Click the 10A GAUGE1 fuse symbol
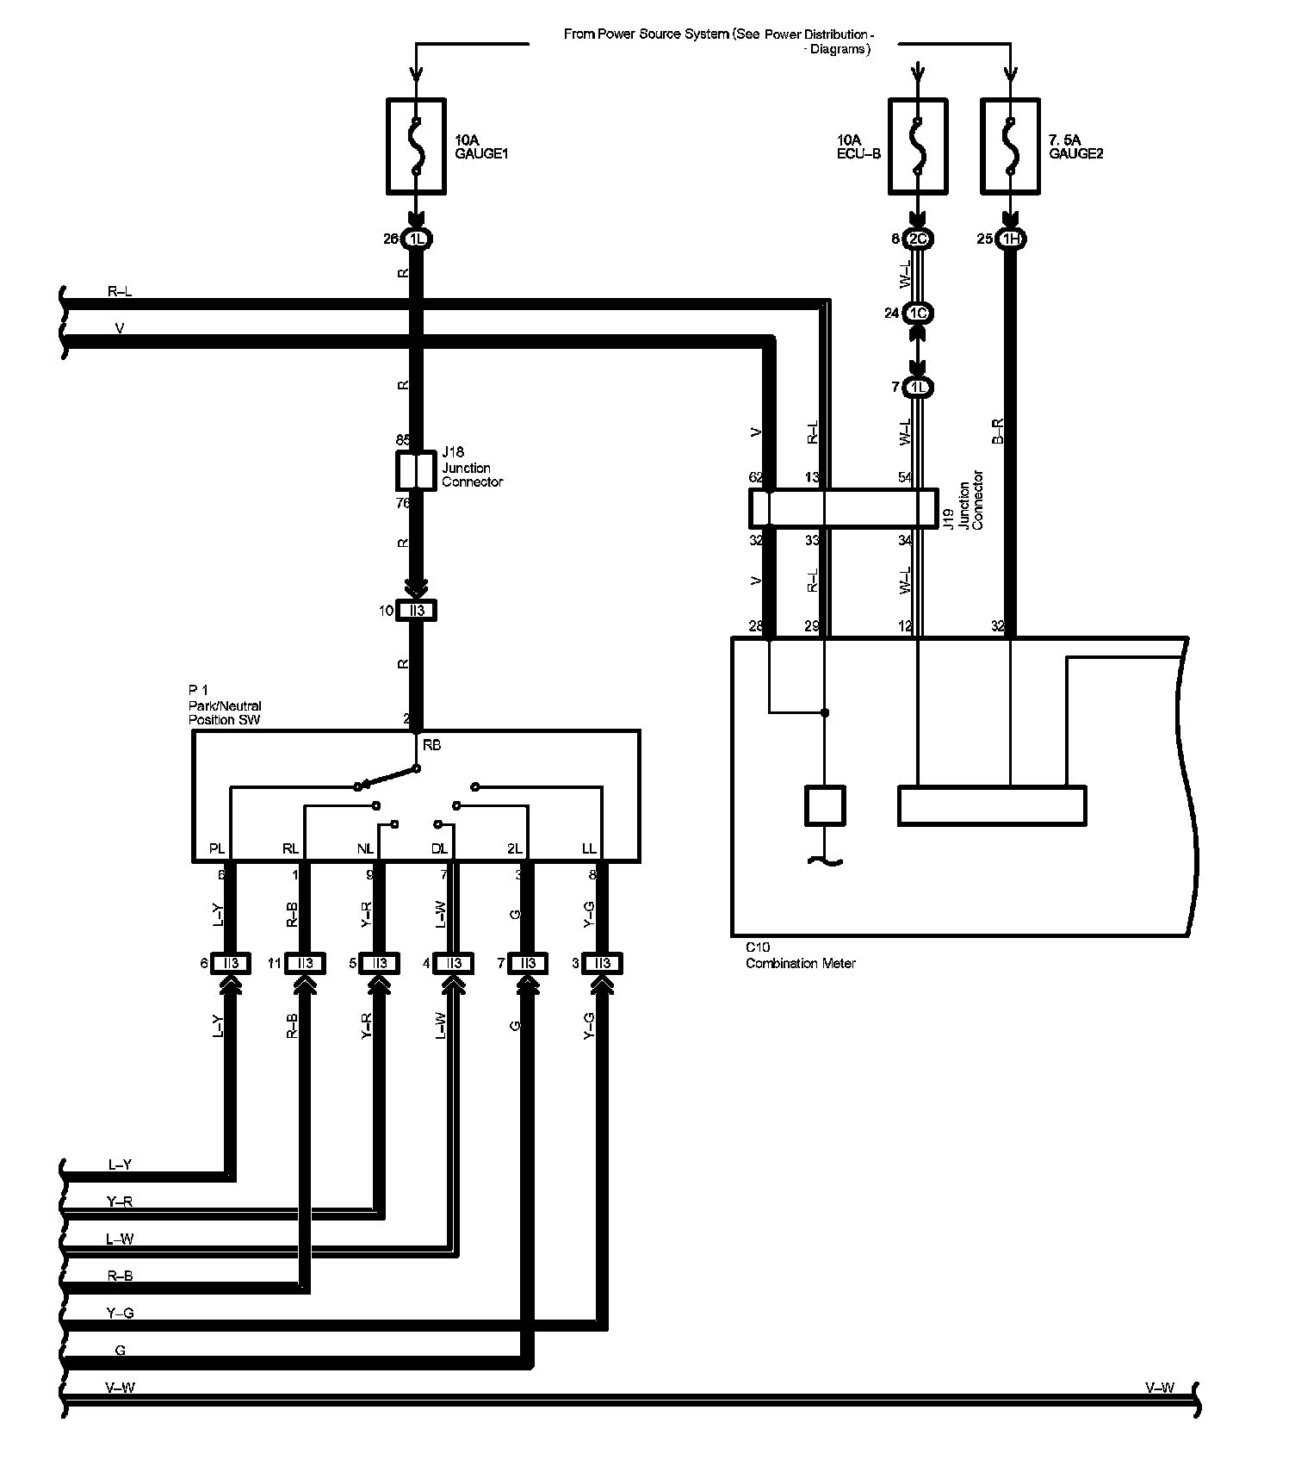pos(416,146)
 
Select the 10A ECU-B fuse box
pos(918,146)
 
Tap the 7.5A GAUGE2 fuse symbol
pos(1010,146)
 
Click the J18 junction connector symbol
pos(416,470)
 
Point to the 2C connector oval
pos(919,239)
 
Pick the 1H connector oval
pos(1010,239)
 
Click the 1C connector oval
pos(919,314)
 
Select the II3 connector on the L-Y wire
pos(230,963)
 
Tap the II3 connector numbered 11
pos(305,963)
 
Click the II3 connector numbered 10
pos(417,611)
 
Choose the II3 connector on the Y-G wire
pos(602,963)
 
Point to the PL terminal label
pos(217,849)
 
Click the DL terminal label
pos(439,849)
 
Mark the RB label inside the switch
pos(432,745)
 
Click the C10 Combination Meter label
pos(800,956)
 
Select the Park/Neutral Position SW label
pos(225,705)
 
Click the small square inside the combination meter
pos(825,805)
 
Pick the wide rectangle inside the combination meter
pos(992,805)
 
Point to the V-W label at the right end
pos(1159,1388)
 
